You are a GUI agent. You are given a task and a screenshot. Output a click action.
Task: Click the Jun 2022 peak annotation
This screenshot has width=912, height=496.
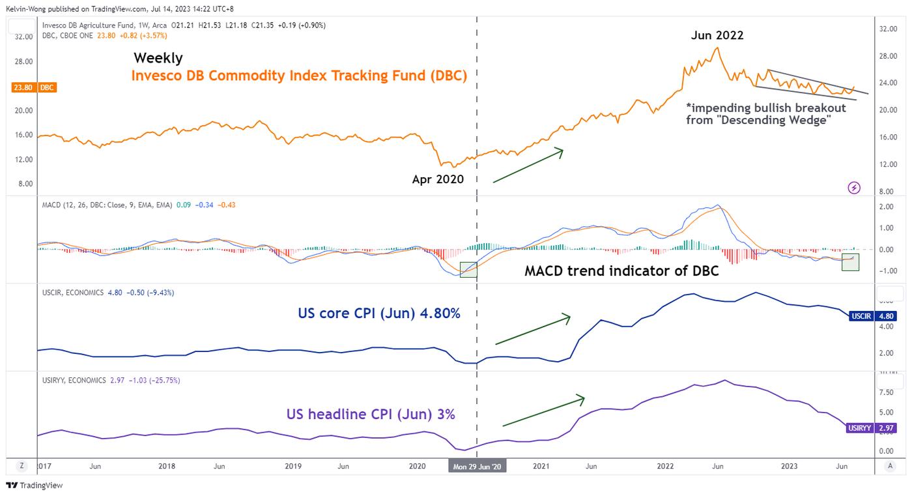click(717, 35)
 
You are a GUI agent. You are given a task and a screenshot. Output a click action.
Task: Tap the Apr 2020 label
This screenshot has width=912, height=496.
click(438, 179)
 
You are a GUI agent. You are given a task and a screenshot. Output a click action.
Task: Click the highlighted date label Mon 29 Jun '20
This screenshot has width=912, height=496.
click(477, 467)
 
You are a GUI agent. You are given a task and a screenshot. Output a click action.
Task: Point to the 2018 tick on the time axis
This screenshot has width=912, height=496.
click(167, 467)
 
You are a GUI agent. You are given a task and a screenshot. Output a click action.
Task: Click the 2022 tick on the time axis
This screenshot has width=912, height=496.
click(665, 467)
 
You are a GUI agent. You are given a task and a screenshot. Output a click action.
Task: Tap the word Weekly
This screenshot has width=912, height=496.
click(158, 58)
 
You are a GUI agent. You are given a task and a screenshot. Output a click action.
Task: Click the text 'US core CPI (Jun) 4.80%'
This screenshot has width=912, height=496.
click(379, 314)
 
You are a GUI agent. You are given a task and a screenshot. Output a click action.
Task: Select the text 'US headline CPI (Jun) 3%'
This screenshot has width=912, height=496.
click(371, 414)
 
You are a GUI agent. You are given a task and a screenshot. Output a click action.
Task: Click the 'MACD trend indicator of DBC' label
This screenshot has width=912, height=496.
click(621, 271)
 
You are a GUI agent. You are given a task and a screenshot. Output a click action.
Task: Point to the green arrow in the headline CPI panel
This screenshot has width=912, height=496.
click(544, 411)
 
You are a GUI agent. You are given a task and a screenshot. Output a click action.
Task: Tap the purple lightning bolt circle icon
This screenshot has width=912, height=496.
click(854, 188)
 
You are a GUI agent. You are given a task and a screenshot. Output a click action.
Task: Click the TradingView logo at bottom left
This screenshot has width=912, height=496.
click(34, 486)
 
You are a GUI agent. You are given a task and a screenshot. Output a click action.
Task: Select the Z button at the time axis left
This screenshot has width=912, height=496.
click(21, 466)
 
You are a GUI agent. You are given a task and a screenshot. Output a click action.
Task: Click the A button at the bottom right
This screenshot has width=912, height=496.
click(890, 466)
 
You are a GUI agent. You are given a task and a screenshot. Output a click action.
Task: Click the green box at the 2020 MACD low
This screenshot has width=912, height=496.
click(468, 269)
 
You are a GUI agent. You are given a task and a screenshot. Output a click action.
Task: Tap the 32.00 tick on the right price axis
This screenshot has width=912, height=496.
click(888, 29)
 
